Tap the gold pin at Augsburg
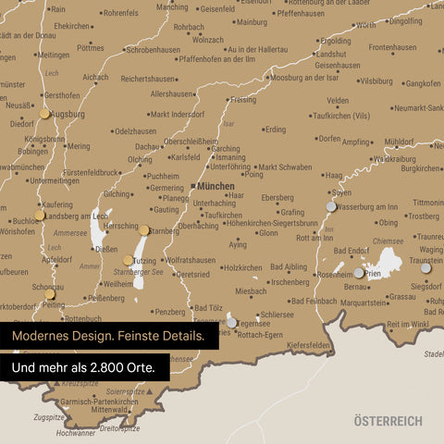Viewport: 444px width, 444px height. coord(44,114)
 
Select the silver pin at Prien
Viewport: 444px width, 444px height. coord(359,273)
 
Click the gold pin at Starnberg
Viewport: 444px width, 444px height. coord(144,230)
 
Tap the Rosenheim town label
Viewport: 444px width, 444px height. coord(335,275)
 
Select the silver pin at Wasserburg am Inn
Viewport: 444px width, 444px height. coord(331,206)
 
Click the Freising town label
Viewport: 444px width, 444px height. coord(243,99)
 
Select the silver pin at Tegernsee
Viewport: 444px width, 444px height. coord(231,322)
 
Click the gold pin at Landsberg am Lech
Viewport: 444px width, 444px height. coord(39,216)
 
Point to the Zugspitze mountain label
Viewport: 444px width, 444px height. coord(48,418)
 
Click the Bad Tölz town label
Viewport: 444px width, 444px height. coord(208,307)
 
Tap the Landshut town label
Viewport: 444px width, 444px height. coord(331,54)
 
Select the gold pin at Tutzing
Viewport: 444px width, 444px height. coord(129,261)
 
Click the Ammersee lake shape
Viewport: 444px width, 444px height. coord(98,233)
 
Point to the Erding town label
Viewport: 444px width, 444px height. coord(276,129)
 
